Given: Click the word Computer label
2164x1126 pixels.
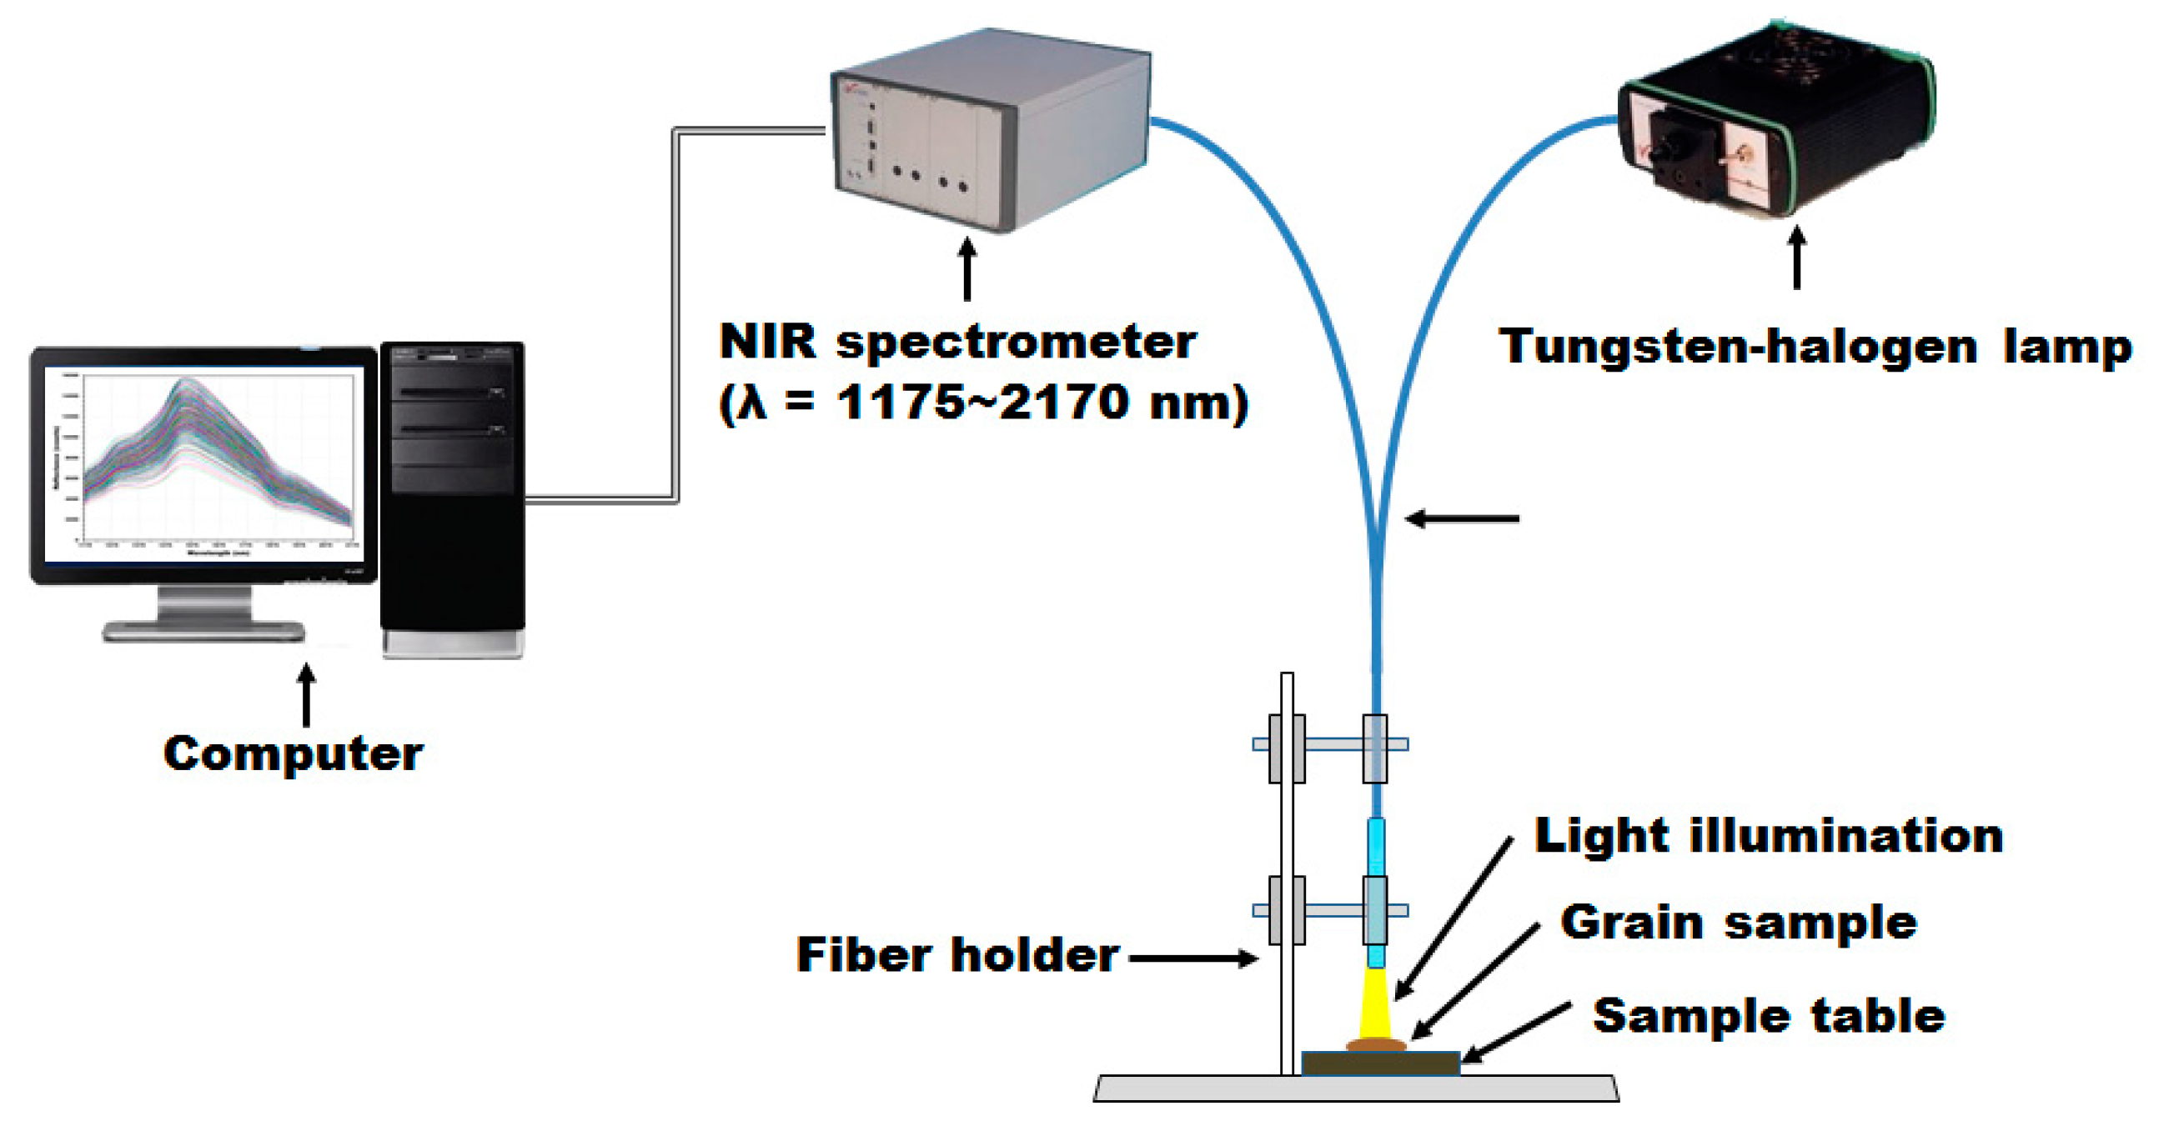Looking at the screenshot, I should (294, 753).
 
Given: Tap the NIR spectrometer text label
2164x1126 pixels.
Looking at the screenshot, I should (957, 341).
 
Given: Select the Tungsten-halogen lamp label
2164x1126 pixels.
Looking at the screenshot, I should (1815, 347).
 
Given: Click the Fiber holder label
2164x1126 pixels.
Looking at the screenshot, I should (957, 954).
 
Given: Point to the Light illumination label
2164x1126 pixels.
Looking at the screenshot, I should (1769, 836).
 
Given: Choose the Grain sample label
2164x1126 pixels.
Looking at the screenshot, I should (1738, 922).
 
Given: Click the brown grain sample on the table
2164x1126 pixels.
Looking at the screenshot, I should (1375, 1043).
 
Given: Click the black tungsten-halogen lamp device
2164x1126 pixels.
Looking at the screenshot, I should (1777, 126).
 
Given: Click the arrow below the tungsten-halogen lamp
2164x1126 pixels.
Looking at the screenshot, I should (1796, 257).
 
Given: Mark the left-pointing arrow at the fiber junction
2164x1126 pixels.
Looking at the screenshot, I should (1462, 519).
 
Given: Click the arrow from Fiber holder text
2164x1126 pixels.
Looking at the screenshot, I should (1192, 958).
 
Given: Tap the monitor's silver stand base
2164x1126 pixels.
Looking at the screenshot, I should (203, 631).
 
